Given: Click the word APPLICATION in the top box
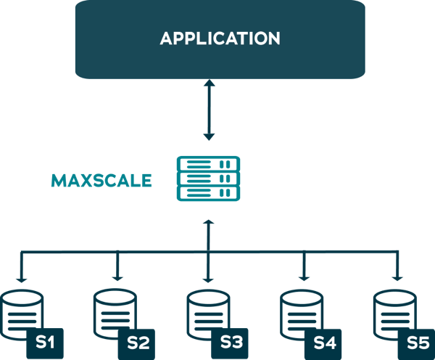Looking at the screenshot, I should (220, 38).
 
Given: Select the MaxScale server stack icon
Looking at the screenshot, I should (209, 179).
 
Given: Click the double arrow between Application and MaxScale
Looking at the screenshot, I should (209, 110).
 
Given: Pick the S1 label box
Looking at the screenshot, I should (46, 343).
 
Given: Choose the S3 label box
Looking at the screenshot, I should (231, 343).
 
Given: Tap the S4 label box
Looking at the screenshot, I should (324, 343).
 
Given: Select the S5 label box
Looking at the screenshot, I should (416, 343).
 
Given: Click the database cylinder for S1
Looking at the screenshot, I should (22, 312).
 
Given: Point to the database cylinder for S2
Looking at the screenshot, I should (115, 312).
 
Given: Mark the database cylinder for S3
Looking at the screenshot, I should (207, 312).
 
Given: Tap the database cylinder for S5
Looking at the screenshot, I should (392, 312).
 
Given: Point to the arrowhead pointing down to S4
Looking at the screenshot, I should (303, 277).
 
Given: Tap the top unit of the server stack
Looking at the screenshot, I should (209, 165).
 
